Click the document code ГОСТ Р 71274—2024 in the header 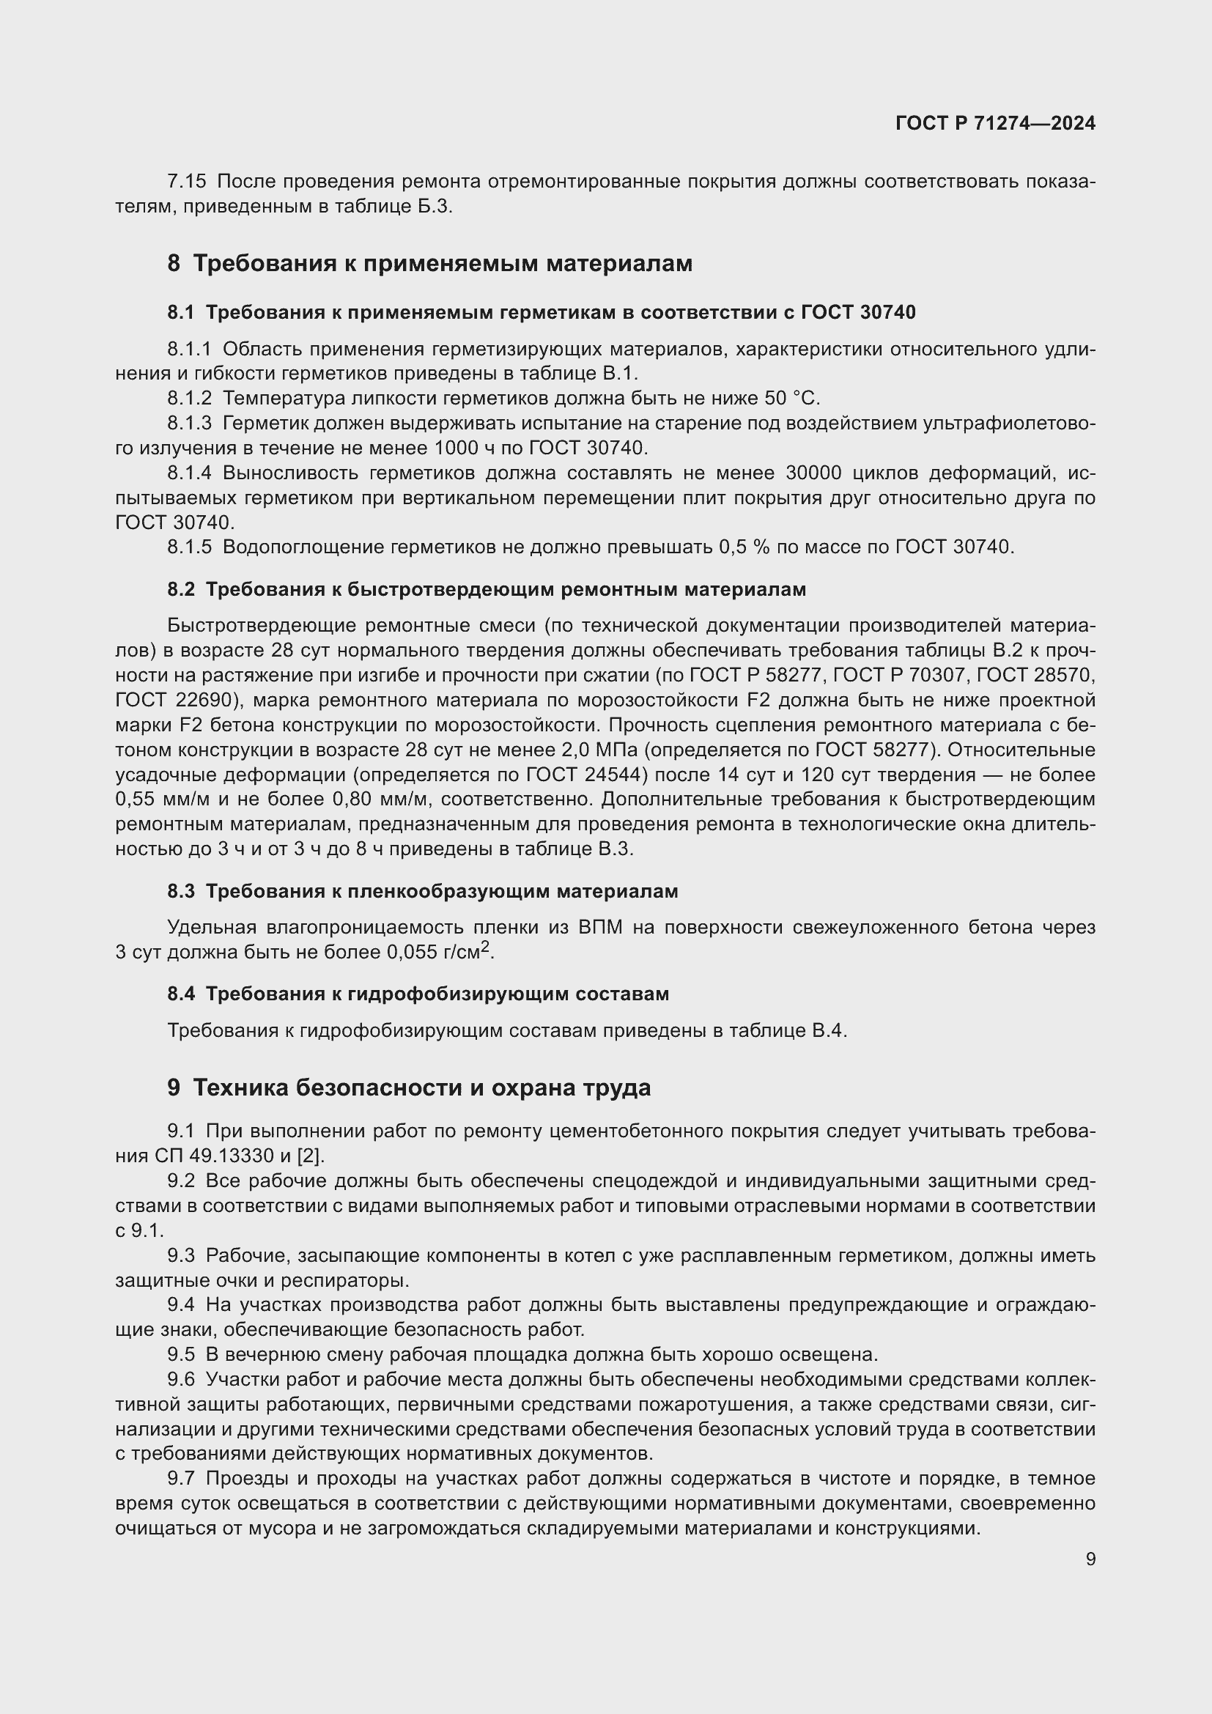click(x=995, y=124)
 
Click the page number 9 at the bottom click(x=1090, y=1559)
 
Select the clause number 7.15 click(x=187, y=182)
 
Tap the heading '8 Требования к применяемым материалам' click(x=430, y=264)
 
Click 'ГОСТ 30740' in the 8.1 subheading click(x=858, y=313)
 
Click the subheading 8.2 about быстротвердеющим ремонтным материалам click(x=487, y=590)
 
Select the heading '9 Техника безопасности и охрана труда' click(x=409, y=1088)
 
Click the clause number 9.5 click(x=181, y=1355)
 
